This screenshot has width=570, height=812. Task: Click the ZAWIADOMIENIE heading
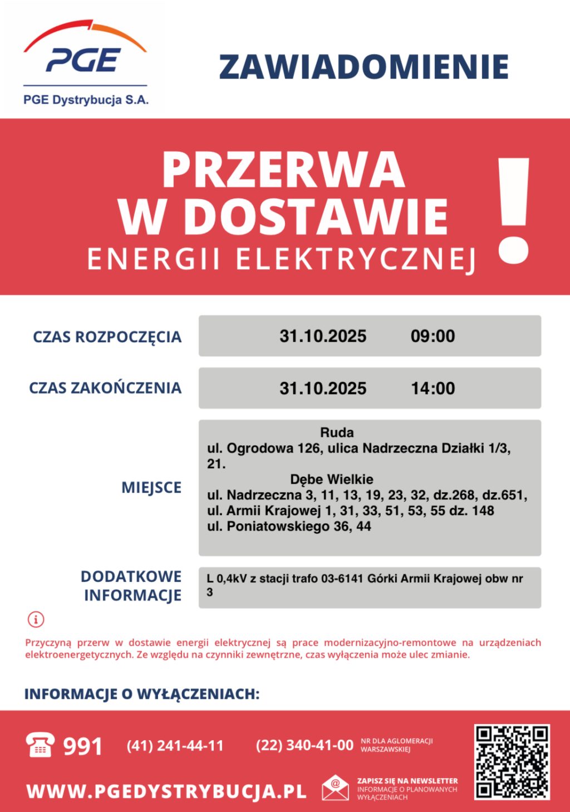[364, 67]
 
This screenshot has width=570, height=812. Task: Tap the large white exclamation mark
[513, 210]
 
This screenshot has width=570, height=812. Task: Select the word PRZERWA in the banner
[283, 171]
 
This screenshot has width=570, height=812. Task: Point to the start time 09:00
[433, 336]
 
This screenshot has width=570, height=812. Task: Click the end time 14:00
[433, 388]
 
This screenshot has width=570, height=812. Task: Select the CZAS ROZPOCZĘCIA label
[107, 337]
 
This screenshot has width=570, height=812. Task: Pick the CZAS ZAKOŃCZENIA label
[105, 388]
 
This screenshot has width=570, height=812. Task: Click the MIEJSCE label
[151, 488]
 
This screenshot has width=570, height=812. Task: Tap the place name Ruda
[337, 432]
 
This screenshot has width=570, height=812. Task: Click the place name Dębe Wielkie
[332, 479]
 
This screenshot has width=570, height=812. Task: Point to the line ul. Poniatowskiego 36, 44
[289, 526]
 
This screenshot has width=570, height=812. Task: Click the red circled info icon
[36, 619]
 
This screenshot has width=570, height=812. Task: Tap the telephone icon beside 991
[41, 745]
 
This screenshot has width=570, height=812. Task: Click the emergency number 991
[83, 746]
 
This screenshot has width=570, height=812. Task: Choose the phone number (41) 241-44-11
[175, 746]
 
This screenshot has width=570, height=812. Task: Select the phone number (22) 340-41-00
[304, 746]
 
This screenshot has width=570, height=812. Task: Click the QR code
[512, 762]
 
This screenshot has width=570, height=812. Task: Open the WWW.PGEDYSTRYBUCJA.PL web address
[166, 791]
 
